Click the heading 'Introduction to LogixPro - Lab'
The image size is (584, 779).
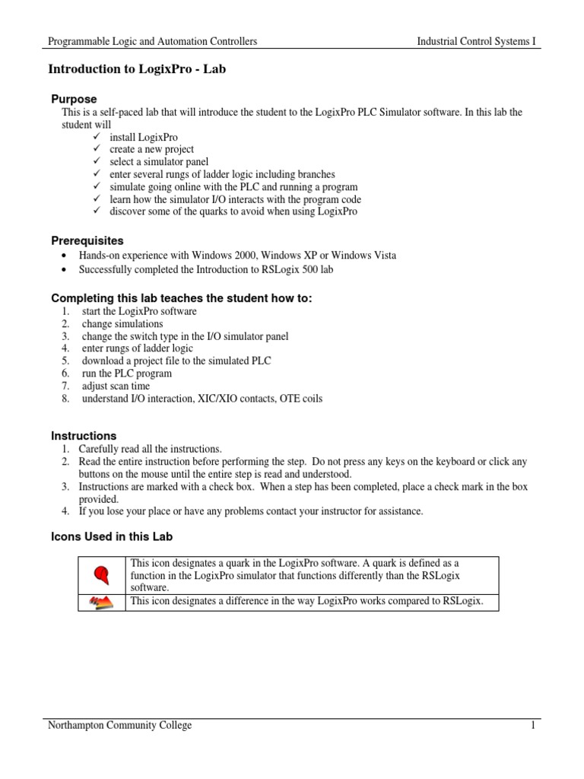[137, 69]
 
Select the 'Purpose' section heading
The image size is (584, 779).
[74, 99]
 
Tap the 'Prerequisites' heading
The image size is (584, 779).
[87, 240]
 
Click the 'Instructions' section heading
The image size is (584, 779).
[84, 436]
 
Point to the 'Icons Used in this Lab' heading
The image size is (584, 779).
[112, 536]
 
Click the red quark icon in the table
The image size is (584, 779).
[101, 574]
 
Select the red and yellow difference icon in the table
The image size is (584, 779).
[101, 603]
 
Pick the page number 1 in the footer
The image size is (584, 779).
[534, 726]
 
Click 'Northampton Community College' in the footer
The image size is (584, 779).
[120, 726]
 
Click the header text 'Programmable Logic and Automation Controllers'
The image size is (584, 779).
[153, 41]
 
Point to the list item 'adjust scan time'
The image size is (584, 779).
[116, 386]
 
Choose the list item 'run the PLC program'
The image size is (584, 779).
[127, 374]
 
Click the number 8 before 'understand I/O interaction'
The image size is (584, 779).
[66, 398]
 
